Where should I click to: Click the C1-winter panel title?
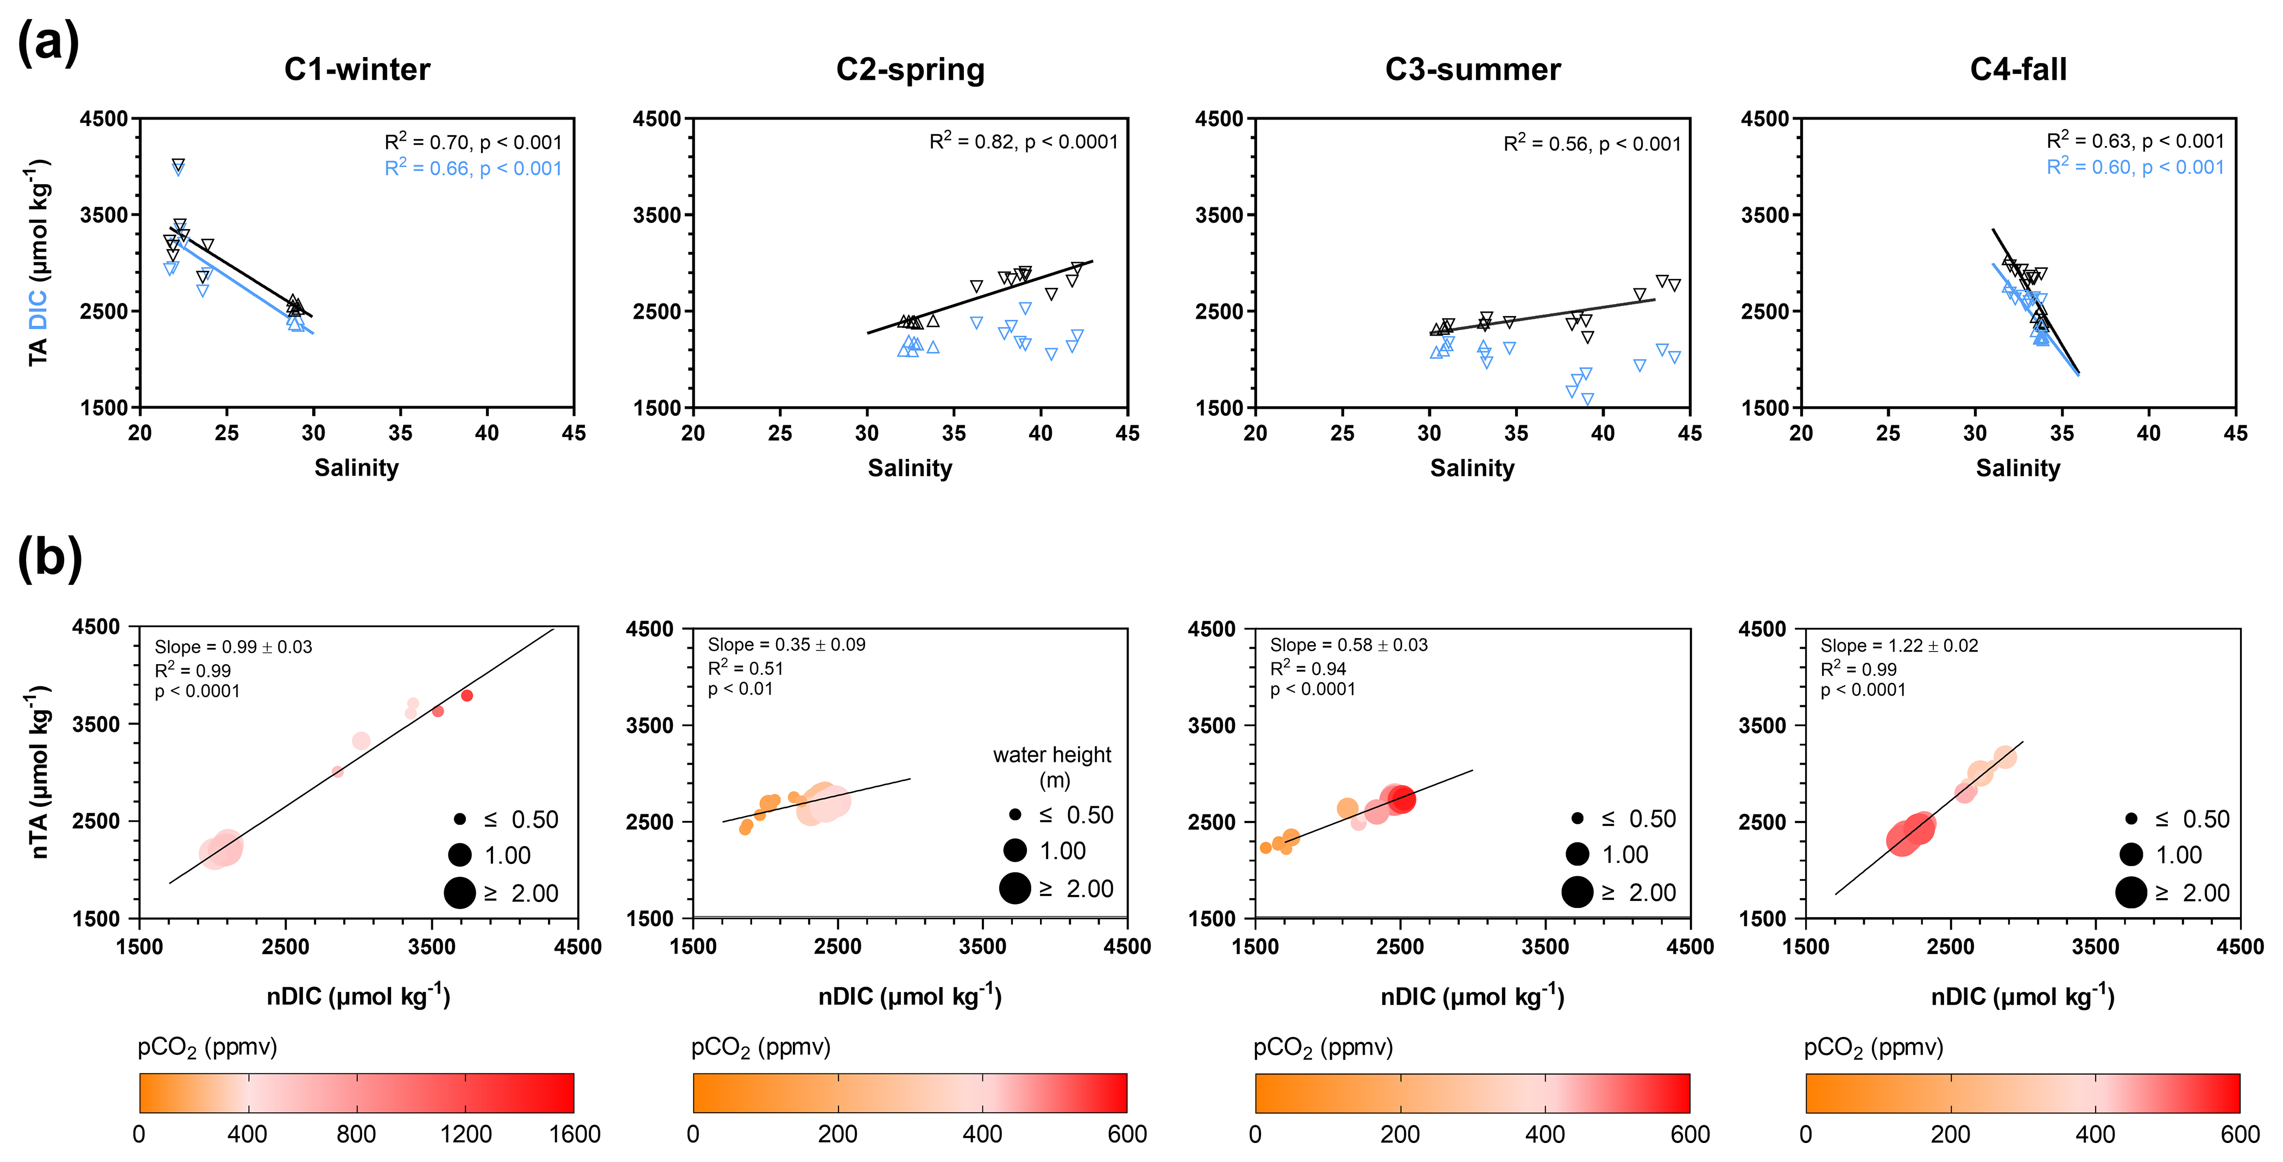tap(357, 69)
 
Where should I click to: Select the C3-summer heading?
tap(1472, 69)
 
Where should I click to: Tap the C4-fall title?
tap(2018, 69)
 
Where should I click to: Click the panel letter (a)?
tap(49, 42)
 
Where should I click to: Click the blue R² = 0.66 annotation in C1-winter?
tap(473, 168)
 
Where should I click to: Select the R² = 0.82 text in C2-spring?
tap(1024, 141)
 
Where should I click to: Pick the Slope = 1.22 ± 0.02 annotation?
tap(1899, 645)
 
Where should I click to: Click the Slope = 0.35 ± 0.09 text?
tap(786, 645)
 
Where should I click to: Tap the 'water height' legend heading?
tap(1052, 755)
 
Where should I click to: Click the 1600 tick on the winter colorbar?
tap(575, 1134)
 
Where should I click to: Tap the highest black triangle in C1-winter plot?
tap(178, 165)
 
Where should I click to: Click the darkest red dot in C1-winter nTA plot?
tap(467, 696)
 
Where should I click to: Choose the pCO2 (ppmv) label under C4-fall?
tap(1874, 1047)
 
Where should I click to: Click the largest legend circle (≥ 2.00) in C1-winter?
tap(459, 893)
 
